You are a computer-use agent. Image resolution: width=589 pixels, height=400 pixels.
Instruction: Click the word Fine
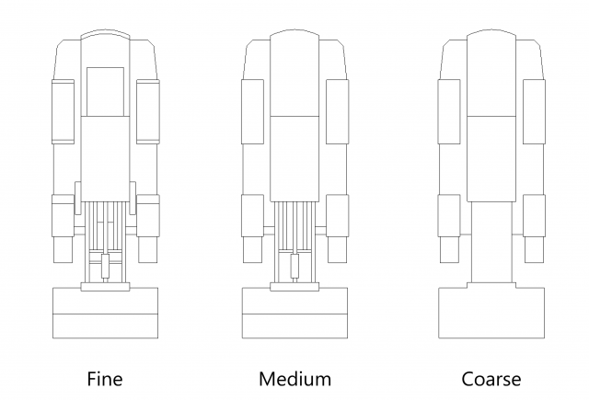point(104,378)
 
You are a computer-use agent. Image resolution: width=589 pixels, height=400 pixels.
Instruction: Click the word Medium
point(294,378)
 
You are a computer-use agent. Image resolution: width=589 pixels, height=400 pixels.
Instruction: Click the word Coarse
point(491,378)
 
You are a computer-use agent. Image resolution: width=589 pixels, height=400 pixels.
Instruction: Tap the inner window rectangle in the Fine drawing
point(104,91)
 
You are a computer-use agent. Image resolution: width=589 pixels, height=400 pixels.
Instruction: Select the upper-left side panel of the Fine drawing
point(63,110)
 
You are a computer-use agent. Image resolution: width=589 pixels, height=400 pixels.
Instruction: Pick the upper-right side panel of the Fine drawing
point(147,110)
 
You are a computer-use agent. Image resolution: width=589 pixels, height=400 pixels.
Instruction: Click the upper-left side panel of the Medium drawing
point(252,110)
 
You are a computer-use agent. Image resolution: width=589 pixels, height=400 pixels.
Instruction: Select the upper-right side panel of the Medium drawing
point(337,110)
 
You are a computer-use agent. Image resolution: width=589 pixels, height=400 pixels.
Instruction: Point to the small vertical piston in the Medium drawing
point(294,268)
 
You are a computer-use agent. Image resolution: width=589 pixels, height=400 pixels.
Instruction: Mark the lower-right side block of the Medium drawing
point(337,215)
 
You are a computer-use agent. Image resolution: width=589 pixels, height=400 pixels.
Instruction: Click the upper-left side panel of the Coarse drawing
point(449,110)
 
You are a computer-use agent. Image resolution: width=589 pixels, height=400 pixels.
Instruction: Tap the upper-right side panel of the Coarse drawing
point(534,110)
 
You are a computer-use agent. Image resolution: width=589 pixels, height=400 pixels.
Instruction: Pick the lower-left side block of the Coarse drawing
point(449,215)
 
